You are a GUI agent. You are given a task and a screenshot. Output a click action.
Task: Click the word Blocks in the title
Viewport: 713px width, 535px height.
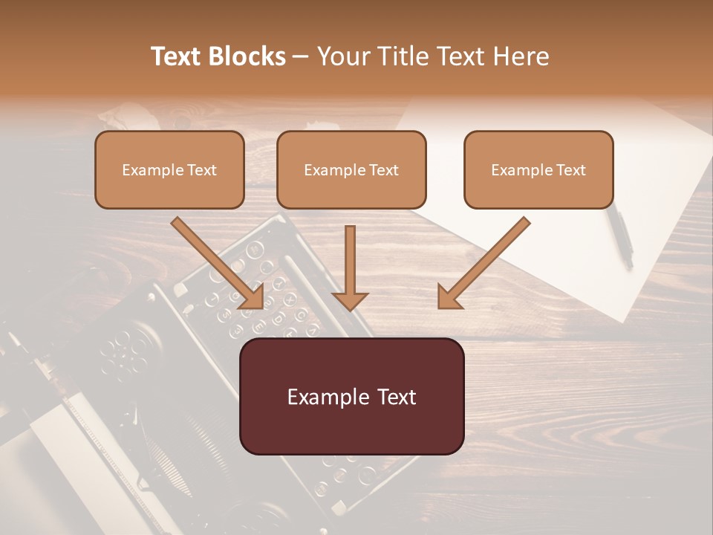pyautogui.click(x=248, y=56)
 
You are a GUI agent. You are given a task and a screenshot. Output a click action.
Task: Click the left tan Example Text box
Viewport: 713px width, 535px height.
pyautogui.click(x=169, y=169)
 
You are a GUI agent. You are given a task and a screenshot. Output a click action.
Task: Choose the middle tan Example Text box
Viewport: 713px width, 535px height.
pyautogui.click(x=351, y=169)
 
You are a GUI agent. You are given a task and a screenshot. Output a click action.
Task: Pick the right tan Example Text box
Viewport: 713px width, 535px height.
pyautogui.click(x=538, y=169)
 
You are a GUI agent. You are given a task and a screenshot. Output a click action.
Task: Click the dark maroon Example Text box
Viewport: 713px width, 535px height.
pyautogui.click(x=351, y=396)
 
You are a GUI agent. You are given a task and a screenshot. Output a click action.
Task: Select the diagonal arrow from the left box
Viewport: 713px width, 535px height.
pyautogui.click(x=215, y=260)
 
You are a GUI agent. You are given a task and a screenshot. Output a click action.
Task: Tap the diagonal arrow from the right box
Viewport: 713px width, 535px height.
pyautogui.click(x=486, y=260)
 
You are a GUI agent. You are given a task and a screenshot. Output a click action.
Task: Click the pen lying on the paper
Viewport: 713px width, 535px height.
pyautogui.click(x=619, y=235)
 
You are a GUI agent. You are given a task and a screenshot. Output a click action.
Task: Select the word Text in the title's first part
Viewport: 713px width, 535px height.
pyautogui.click(x=178, y=56)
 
